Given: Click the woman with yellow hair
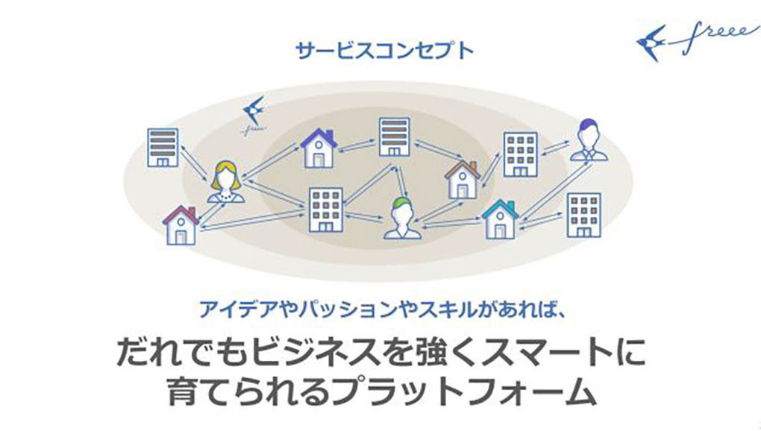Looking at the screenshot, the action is click(x=225, y=182).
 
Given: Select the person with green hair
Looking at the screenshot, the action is click(x=403, y=218).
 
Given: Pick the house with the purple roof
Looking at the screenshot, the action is click(x=319, y=148).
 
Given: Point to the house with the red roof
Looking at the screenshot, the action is click(x=181, y=225).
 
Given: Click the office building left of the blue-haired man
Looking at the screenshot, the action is click(x=520, y=154).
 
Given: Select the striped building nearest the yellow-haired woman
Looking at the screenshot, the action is click(x=163, y=148).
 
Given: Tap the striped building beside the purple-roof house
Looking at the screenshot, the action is click(x=395, y=136).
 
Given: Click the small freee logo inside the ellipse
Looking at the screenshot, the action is click(x=254, y=115).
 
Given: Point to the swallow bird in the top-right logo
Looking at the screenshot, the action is click(x=651, y=43).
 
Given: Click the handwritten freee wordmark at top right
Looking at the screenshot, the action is click(x=713, y=37).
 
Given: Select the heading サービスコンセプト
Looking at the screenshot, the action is click(x=384, y=51).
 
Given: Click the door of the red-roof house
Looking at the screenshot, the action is click(x=181, y=237).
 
